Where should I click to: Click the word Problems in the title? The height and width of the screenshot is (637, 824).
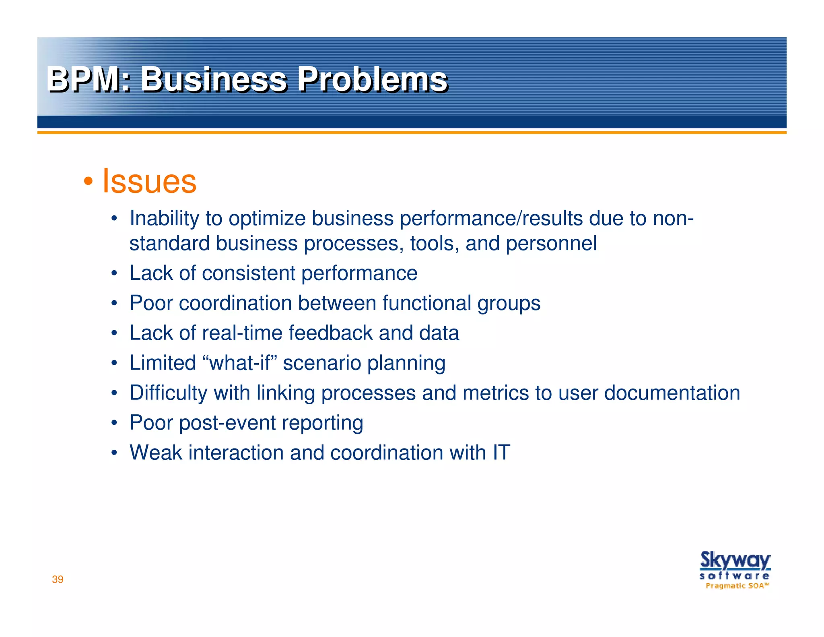372,79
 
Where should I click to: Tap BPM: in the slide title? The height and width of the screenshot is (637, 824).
89,79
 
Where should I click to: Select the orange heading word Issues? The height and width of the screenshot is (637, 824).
149,181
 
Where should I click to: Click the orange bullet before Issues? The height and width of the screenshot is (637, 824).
88,182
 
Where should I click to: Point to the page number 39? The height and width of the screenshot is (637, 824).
58,579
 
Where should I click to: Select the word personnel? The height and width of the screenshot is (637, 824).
551,244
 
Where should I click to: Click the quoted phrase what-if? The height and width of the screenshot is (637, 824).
240,363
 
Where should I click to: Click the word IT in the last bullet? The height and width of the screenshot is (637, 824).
501,453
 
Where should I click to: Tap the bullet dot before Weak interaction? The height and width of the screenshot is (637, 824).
114,453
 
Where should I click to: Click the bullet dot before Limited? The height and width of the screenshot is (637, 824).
114,363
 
